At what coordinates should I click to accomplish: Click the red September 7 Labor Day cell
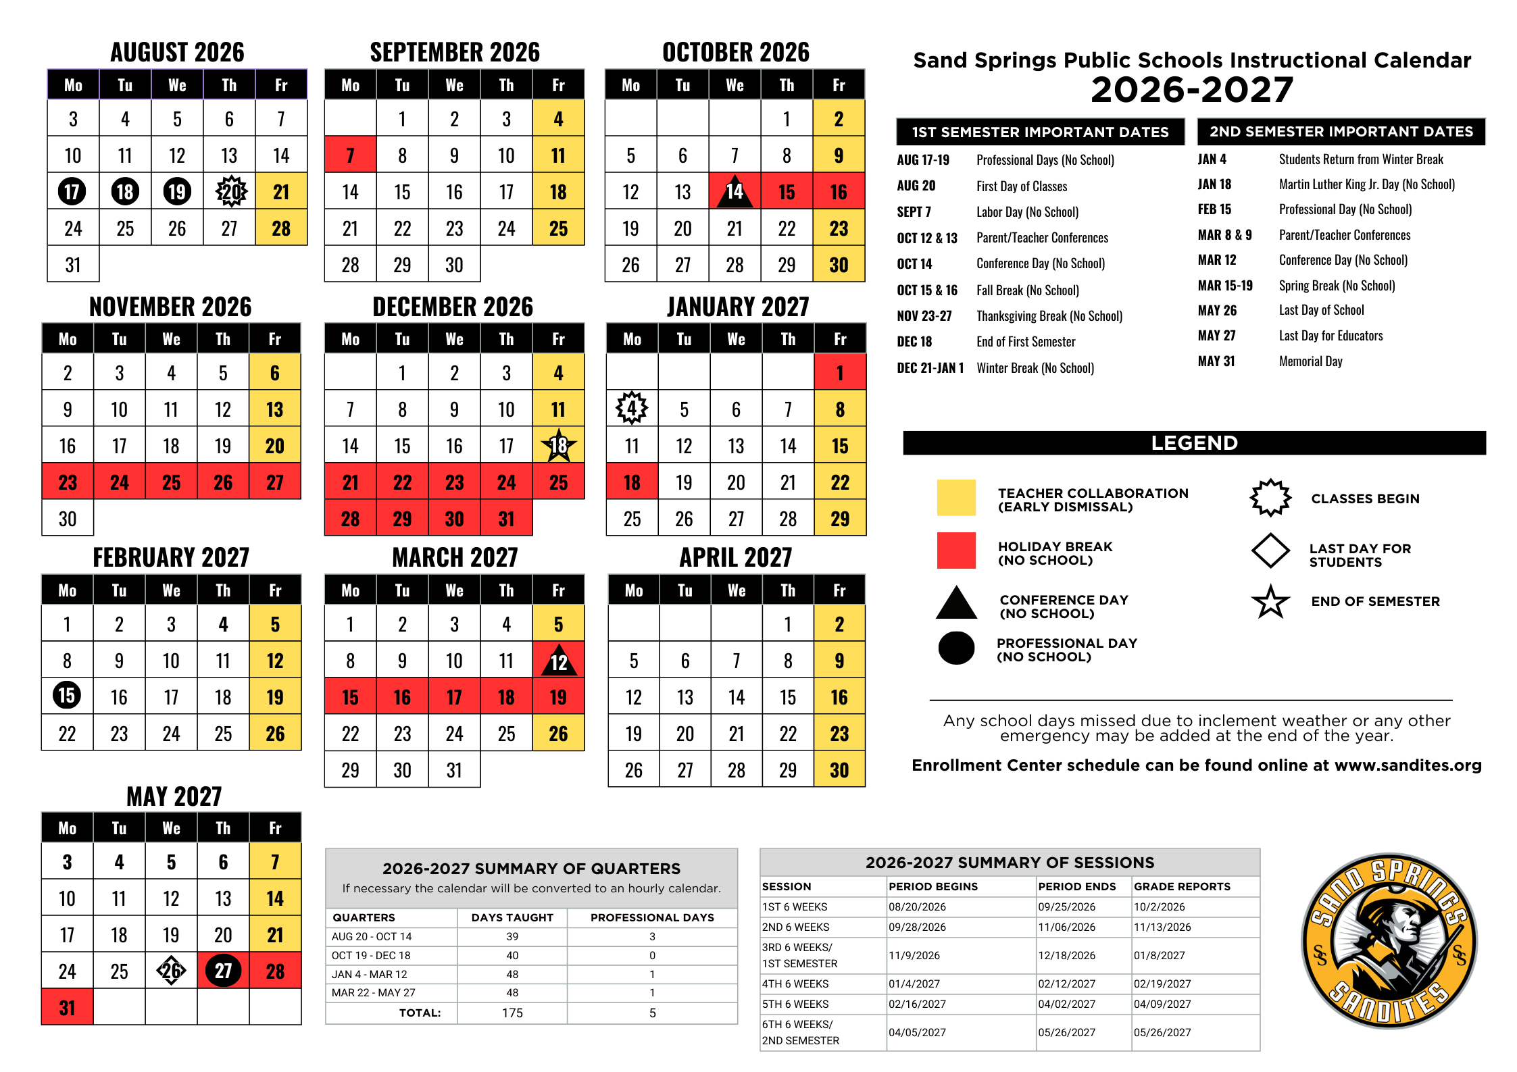pyautogui.click(x=350, y=155)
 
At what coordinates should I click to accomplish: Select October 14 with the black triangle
pyautogui.click(x=735, y=191)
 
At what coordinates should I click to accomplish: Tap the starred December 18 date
pyautogui.click(x=558, y=445)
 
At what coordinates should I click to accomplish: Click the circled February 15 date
pyautogui.click(x=67, y=696)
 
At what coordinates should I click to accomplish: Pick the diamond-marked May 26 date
pyautogui.click(x=171, y=971)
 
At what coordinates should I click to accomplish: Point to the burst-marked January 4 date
pyautogui.click(x=632, y=409)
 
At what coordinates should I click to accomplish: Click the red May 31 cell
pyautogui.click(x=67, y=1007)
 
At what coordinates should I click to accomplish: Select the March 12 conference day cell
pyautogui.click(x=558, y=661)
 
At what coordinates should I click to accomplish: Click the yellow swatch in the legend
pyautogui.click(x=956, y=498)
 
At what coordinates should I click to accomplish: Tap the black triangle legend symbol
pyautogui.click(x=956, y=603)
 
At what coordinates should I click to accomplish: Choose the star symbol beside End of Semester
pyautogui.click(x=1270, y=601)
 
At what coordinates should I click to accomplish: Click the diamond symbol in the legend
pyautogui.click(x=1270, y=551)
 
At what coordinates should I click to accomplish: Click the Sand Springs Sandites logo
pyautogui.click(x=1389, y=941)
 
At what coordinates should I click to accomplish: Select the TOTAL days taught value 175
pyautogui.click(x=512, y=1013)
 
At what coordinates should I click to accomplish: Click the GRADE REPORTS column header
pyautogui.click(x=1182, y=886)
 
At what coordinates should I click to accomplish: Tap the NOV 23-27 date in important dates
pyautogui.click(x=924, y=316)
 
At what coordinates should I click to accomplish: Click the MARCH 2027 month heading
pyautogui.click(x=455, y=558)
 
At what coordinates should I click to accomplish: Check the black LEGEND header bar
pyautogui.click(x=1194, y=443)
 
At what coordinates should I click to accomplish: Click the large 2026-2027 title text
pyautogui.click(x=1192, y=91)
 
